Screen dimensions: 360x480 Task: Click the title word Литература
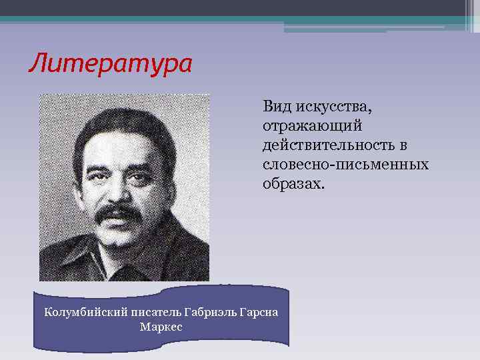coord(110,64)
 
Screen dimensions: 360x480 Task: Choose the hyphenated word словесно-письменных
coord(345,164)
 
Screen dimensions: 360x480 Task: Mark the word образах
coord(293,183)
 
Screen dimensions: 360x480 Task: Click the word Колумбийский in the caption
coord(75,312)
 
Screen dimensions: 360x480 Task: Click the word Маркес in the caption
coord(161,327)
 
